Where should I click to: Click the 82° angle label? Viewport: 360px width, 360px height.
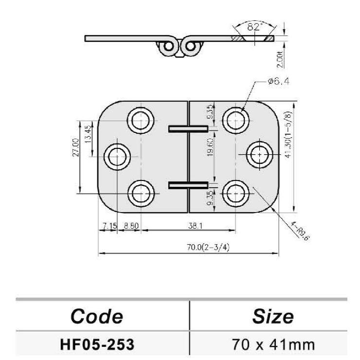click(255, 27)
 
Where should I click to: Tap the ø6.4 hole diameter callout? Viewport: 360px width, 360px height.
click(278, 81)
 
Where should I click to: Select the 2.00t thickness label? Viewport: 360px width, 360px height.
click(280, 59)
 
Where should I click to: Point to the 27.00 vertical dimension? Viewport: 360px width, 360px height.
click(76, 147)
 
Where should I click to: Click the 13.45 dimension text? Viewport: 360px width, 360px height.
click(88, 134)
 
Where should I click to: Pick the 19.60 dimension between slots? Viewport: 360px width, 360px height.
click(210, 147)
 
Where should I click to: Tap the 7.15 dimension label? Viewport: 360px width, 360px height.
click(110, 226)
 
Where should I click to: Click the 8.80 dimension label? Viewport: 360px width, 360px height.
click(131, 226)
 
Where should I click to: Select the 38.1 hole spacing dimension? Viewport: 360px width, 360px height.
click(195, 226)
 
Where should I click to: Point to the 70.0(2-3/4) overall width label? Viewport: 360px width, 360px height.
click(208, 247)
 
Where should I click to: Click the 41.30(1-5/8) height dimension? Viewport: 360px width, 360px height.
click(288, 135)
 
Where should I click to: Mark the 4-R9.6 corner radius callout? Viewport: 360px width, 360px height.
click(300, 231)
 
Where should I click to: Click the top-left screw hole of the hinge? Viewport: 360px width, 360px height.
click(141, 120)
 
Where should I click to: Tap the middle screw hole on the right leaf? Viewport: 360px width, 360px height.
click(259, 155)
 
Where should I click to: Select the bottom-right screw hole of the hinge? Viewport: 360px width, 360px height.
click(236, 194)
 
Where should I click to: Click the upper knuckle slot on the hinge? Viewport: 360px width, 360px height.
click(188, 129)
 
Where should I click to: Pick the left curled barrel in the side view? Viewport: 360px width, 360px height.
click(169, 47)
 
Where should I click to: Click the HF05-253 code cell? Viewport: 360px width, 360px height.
click(97, 344)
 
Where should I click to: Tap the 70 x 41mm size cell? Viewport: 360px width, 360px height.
click(273, 344)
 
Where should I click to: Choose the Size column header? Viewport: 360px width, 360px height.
click(273, 317)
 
